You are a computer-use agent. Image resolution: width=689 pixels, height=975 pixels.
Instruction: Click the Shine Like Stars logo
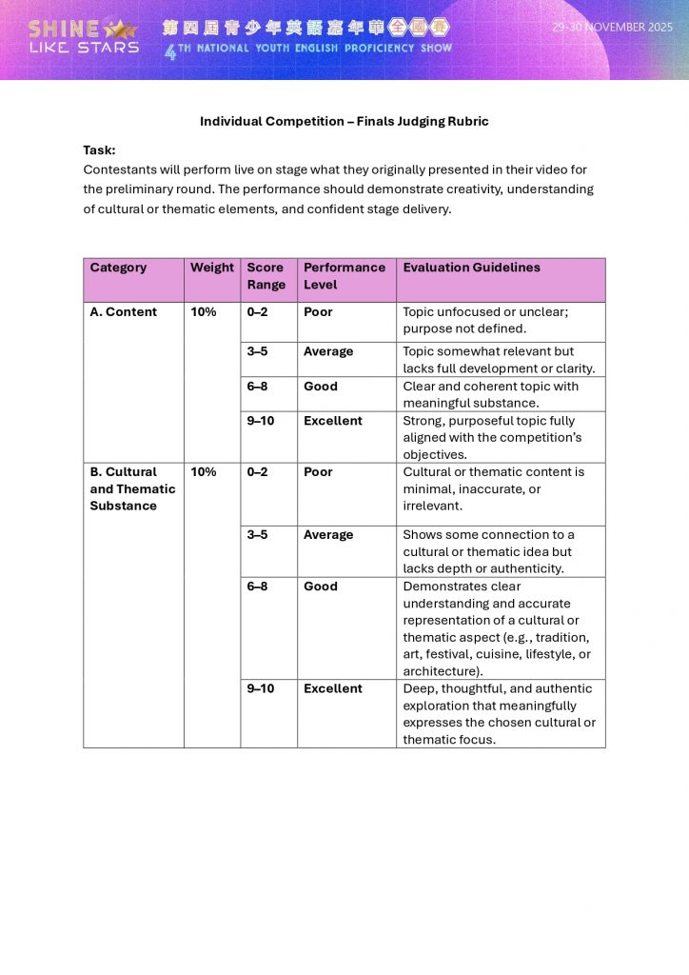click(x=84, y=36)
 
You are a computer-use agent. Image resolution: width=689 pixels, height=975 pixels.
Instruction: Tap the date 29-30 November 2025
click(x=612, y=28)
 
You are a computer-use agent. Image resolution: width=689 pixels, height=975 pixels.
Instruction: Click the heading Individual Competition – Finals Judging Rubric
click(x=344, y=122)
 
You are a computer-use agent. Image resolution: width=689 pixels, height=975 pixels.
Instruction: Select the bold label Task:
click(x=99, y=149)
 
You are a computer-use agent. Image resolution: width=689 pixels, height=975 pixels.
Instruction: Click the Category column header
click(x=118, y=268)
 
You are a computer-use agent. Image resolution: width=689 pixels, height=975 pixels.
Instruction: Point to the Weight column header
click(x=211, y=268)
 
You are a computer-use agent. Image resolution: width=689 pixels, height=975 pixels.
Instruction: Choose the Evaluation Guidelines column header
click(x=471, y=268)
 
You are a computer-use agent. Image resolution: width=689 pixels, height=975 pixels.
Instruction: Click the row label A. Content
click(x=123, y=311)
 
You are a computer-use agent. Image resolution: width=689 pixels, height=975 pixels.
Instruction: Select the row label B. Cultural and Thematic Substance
click(x=132, y=488)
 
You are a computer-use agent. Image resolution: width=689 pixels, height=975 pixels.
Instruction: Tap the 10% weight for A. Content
click(x=203, y=311)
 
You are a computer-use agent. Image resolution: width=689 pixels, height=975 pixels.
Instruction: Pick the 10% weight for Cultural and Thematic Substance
click(x=203, y=471)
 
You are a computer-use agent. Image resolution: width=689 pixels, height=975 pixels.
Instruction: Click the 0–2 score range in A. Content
click(x=257, y=311)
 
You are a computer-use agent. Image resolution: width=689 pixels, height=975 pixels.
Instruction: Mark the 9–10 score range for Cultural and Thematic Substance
click(x=260, y=688)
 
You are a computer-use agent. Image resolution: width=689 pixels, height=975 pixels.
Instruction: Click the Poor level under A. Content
click(x=318, y=311)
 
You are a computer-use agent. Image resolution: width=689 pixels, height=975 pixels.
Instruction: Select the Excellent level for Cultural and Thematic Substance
click(x=332, y=688)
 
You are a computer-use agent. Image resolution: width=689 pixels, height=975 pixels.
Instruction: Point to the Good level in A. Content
click(x=320, y=387)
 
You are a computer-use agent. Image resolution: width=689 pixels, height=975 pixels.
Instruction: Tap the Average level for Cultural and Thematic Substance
click(x=327, y=535)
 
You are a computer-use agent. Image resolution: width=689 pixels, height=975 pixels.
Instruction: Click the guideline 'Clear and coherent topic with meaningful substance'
click(x=490, y=394)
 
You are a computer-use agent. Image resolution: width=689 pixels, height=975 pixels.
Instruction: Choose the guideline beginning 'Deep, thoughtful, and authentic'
click(x=499, y=713)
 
